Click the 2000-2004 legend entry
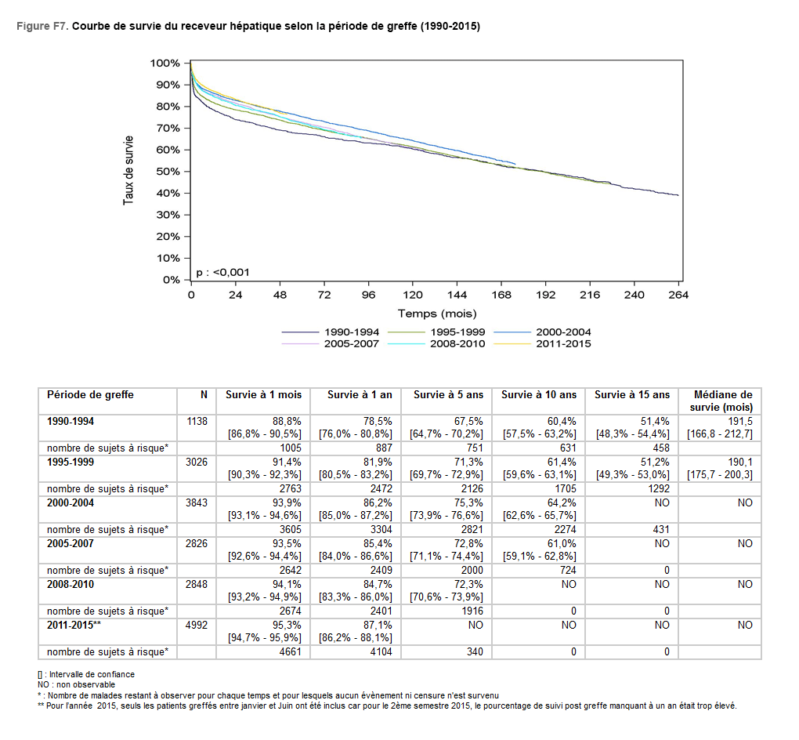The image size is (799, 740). point(563,332)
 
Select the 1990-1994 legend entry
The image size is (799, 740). point(351,332)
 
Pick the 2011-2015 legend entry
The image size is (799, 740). point(563,344)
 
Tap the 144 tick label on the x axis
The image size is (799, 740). point(457,295)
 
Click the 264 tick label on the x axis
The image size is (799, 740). point(678,295)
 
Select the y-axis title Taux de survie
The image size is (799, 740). point(128,172)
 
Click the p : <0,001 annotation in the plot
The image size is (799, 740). point(222,272)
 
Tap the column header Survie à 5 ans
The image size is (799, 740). point(447,395)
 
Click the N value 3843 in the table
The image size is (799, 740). point(197,502)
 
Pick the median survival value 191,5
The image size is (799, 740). point(740,421)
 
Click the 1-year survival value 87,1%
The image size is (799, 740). point(377,625)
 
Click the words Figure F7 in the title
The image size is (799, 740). point(42,26)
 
